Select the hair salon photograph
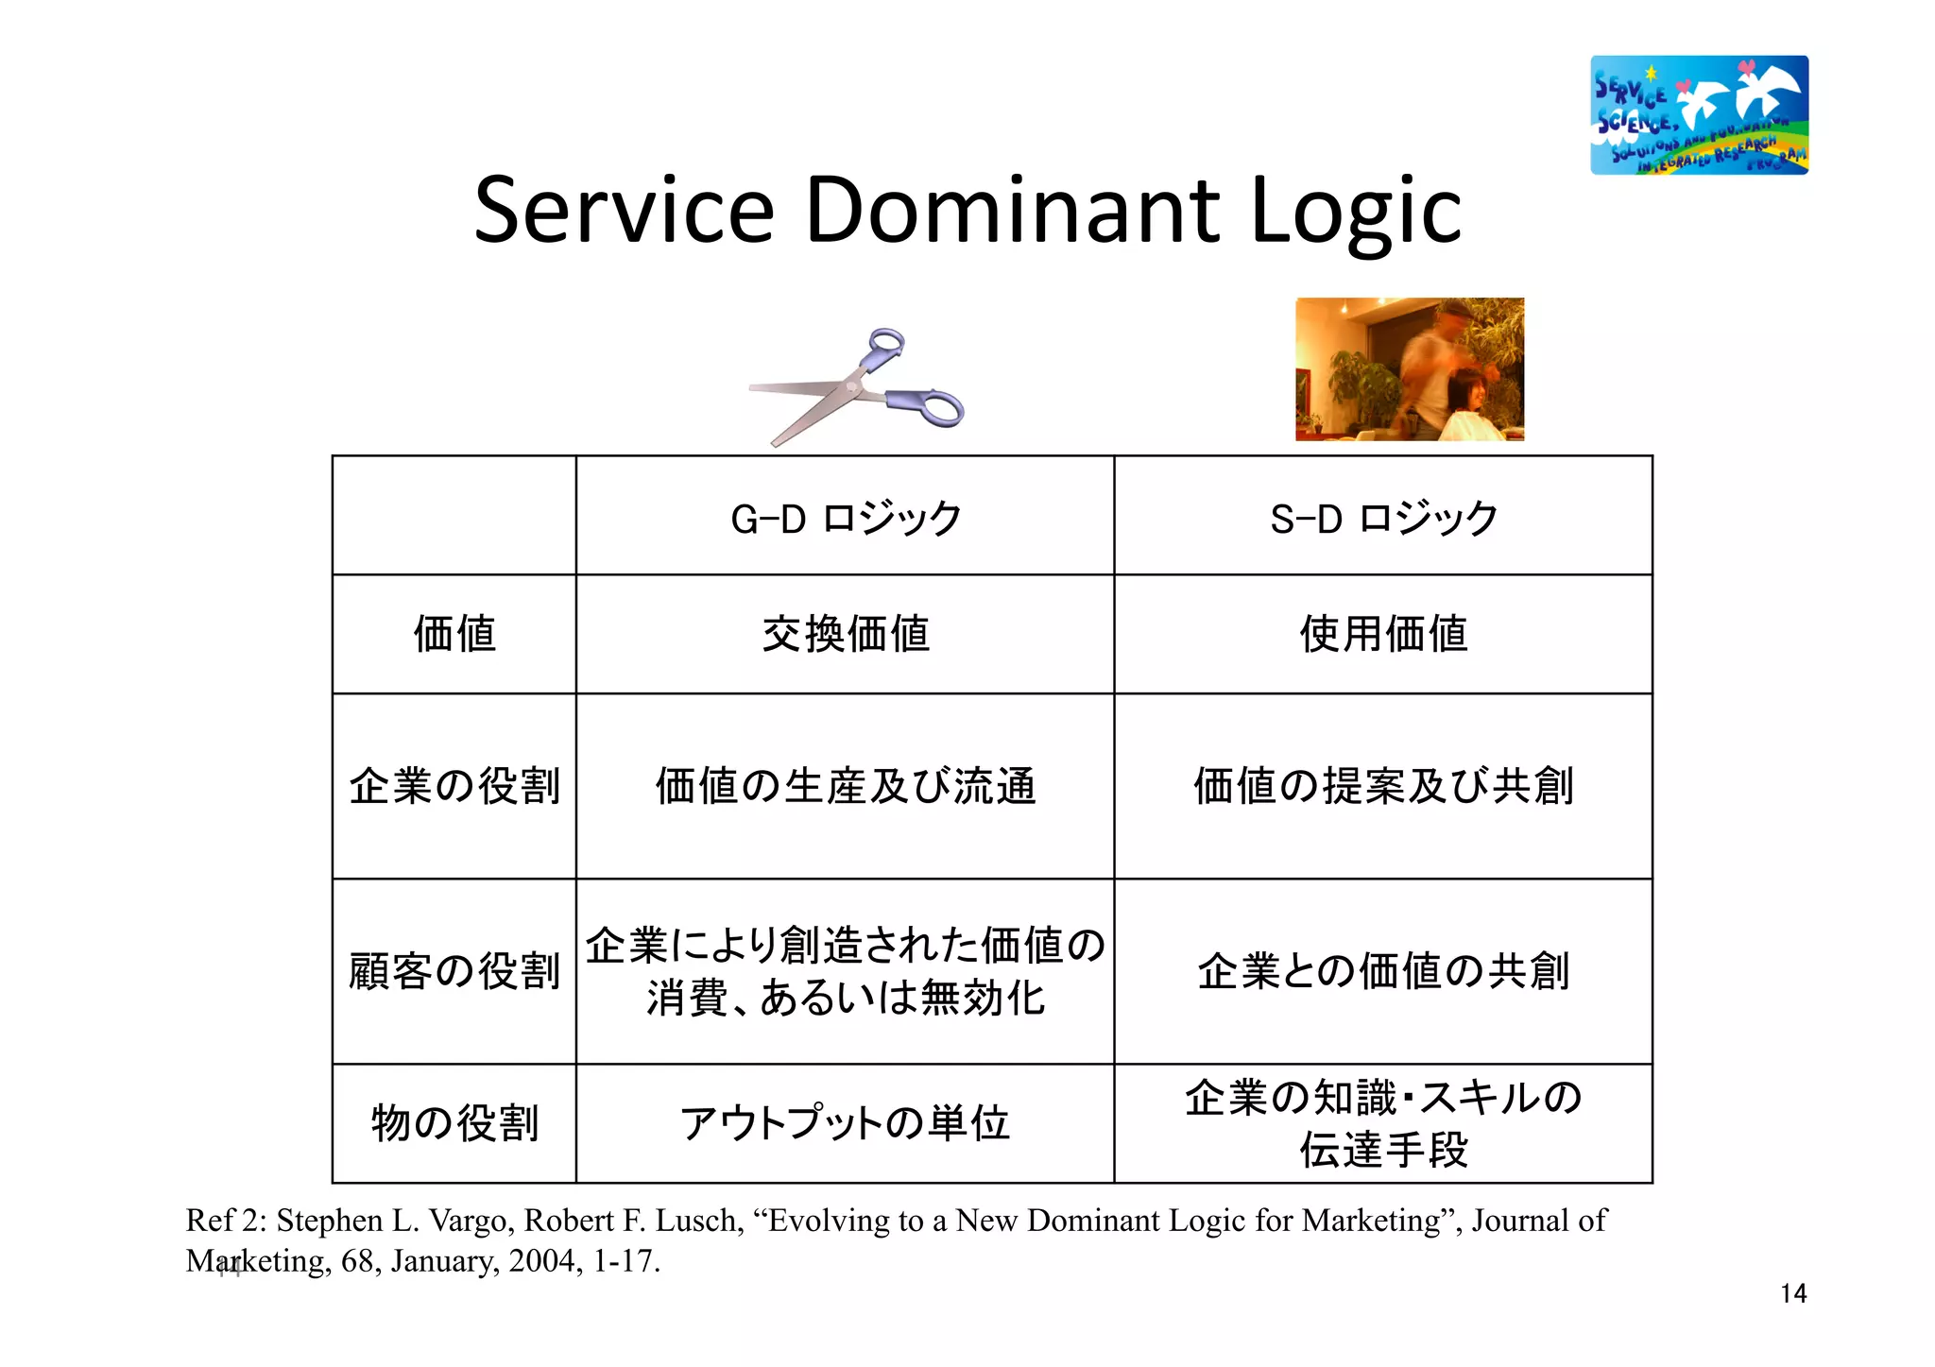click(1409, 369)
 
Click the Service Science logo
click(1699, 114)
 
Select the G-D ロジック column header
click(846, 518)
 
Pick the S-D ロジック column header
click(1383, 518)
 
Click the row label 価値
click(454, 634)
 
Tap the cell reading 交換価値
click(846, 634)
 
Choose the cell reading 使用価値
click(1383, 634)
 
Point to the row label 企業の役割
click(454, 786)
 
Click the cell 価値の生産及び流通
click(846, 786)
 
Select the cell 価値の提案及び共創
click(1383, 786)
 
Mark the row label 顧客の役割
click(454, 971)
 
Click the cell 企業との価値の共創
click(1383, 971)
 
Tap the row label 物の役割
click(454, 1123)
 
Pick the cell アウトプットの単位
click(846, 1123)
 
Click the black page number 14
click(1792, 1293)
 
